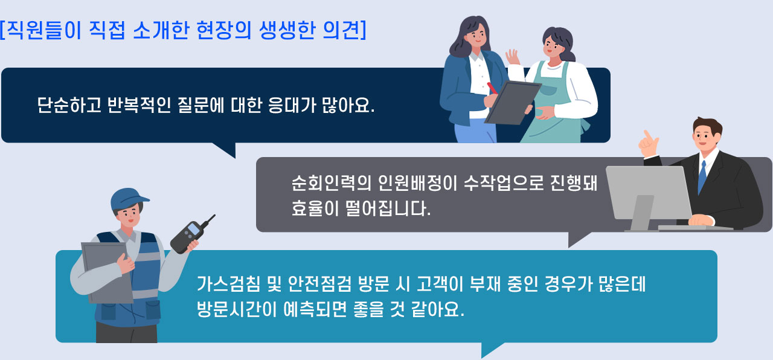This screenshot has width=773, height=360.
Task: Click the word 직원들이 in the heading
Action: point(44,30)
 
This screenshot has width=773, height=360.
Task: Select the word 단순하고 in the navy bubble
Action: point(69,105)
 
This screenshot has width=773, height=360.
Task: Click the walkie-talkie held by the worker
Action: point(190,236)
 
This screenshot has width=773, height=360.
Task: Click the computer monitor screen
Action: point(648,192)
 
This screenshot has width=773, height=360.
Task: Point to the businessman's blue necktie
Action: point(702,176)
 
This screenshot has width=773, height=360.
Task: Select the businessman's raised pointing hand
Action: point(649,144)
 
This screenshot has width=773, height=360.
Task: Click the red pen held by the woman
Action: point(492,88)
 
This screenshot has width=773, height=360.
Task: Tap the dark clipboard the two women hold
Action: point(513,103)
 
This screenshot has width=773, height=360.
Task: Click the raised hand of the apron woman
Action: point(513,57)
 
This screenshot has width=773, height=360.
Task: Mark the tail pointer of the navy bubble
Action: point(226,149)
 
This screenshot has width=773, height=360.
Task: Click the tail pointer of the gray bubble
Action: point(577,239)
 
